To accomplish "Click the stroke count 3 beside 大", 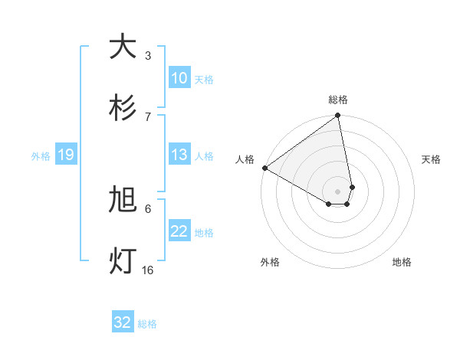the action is (x=147, y=56).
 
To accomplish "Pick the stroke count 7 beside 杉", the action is (x=147, y=116).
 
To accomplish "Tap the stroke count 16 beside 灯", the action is (x=147, y=270).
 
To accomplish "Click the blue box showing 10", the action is (x=179, y=78).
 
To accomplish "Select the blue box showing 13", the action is (x=179, y=155).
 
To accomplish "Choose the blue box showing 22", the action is (x=179, y=232).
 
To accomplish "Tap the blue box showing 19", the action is (x=66, y=155).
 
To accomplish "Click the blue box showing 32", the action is (x=123, y=322).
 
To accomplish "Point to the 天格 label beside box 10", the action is (x=204, y=79).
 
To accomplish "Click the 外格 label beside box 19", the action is (x=41, y=156).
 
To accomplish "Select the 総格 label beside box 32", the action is (x=147, y=323).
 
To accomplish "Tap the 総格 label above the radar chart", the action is (x=338, y=100).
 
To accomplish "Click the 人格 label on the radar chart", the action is (x=245, y=159).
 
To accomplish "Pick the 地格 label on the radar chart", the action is (x=402, y=262).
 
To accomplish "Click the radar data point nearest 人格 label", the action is (x=264, y=168).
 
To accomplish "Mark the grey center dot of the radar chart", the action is (x=338, y=191).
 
